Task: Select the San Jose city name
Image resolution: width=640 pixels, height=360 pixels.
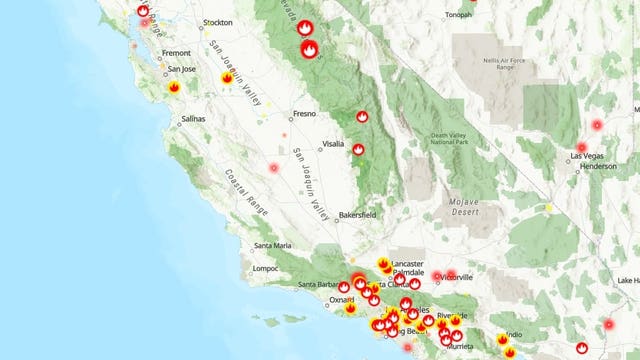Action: (x=183, y=69)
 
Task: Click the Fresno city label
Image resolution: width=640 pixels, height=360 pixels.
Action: (x=304, y=114)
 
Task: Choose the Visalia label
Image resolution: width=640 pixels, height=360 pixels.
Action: (x=335, y=144)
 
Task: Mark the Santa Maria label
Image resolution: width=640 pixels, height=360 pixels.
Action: (x=273, y=245)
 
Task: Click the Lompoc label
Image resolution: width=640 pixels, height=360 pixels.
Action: (x=264, y=268)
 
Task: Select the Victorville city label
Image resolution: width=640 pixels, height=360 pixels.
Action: (x=461, y=275)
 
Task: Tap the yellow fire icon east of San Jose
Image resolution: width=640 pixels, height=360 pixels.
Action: (x=227, y=78)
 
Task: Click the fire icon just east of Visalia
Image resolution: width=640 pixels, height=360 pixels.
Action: (x=358, y=150)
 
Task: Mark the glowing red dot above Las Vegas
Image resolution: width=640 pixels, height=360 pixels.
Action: (x=597, y=125)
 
